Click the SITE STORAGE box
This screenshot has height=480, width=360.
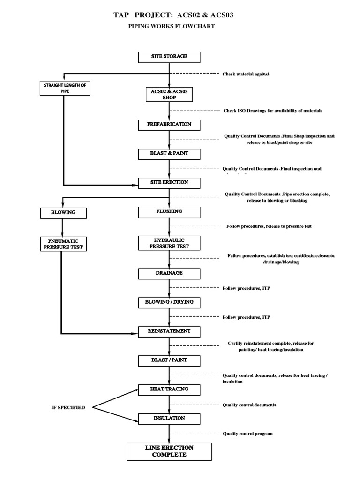coord(169,57)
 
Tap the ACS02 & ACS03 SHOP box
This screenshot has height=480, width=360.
coord(169,94)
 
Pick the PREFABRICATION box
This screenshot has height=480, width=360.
coord(169,125)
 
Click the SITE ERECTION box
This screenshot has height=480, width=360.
coord(169,182)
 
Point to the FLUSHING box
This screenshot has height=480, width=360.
coord(169,212)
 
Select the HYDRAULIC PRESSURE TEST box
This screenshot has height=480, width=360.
coord(169,243)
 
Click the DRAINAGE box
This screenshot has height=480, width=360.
coord(169,273)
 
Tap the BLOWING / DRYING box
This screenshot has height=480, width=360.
coord(169,303)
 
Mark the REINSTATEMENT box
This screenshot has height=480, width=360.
coord(169,331)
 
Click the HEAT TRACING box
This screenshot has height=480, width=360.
coord(169,390)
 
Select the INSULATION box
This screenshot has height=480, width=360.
coord(169,418)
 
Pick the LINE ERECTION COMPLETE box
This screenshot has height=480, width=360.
coord(169,451)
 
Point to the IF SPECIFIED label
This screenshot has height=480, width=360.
coord(68,407)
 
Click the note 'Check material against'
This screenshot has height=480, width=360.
coord(246,74)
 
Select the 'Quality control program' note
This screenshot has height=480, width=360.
coord(247,434)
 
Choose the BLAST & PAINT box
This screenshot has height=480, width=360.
coord(169,153)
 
